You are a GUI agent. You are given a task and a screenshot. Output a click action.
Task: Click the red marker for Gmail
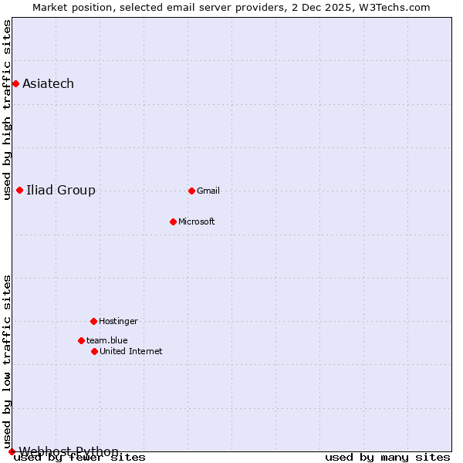191,191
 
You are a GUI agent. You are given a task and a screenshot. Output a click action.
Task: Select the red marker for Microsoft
174,221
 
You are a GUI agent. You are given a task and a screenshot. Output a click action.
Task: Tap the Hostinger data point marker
93,321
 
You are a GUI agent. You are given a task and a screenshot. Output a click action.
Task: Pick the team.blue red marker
81,340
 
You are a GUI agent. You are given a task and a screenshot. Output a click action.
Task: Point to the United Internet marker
94,351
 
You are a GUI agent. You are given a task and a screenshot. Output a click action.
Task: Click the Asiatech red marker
15,83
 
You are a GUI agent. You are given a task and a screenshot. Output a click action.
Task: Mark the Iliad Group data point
19,190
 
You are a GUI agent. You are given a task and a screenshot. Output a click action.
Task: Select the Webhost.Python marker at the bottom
12,451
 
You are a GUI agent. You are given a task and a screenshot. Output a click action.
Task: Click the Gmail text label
208,191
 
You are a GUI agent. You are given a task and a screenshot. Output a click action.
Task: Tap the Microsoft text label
197,221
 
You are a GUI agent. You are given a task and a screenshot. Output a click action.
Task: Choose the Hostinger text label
118,321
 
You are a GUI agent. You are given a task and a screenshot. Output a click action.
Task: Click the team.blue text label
107,340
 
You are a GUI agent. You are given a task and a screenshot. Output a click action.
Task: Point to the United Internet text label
131,351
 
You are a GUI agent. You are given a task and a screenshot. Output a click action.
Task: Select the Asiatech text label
48,83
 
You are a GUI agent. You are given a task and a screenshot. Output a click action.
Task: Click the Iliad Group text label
61,190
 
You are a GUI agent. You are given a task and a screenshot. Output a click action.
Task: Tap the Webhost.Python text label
69,451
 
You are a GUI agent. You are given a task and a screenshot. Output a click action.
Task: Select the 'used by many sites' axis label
387,458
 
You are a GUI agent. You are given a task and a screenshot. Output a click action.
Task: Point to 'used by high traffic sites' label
7,110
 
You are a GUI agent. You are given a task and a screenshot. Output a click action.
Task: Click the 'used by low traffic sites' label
7,361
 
